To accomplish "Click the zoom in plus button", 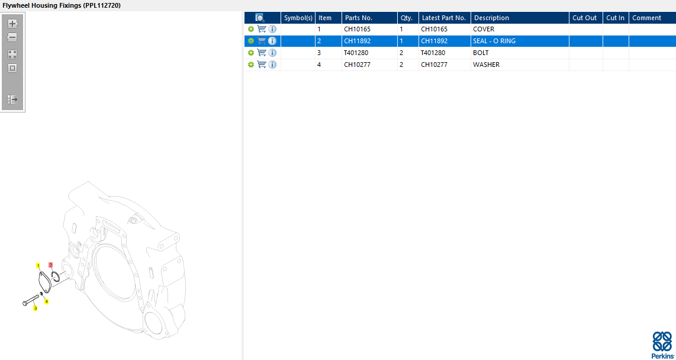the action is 12,24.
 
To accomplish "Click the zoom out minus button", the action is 12,37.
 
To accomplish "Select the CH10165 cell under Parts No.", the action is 357,30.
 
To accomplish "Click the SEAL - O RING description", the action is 494,41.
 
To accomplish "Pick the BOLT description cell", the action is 481,53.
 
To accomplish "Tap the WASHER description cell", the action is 487,65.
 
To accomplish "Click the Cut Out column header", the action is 585,18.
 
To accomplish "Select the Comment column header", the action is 646,18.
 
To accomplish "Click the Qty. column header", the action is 407,18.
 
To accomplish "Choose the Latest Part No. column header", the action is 443,18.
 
